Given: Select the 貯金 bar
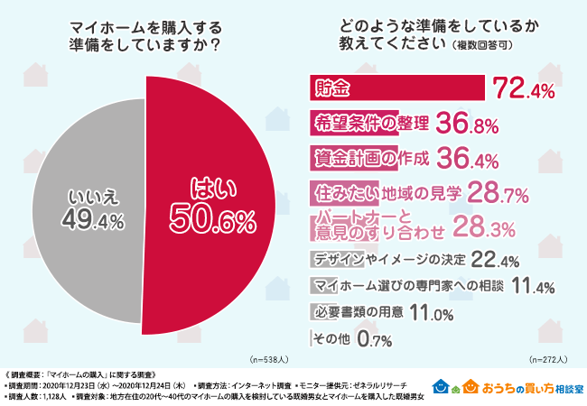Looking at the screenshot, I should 396,88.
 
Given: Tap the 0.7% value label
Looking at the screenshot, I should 373,339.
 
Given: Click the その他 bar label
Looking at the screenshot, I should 328,339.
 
